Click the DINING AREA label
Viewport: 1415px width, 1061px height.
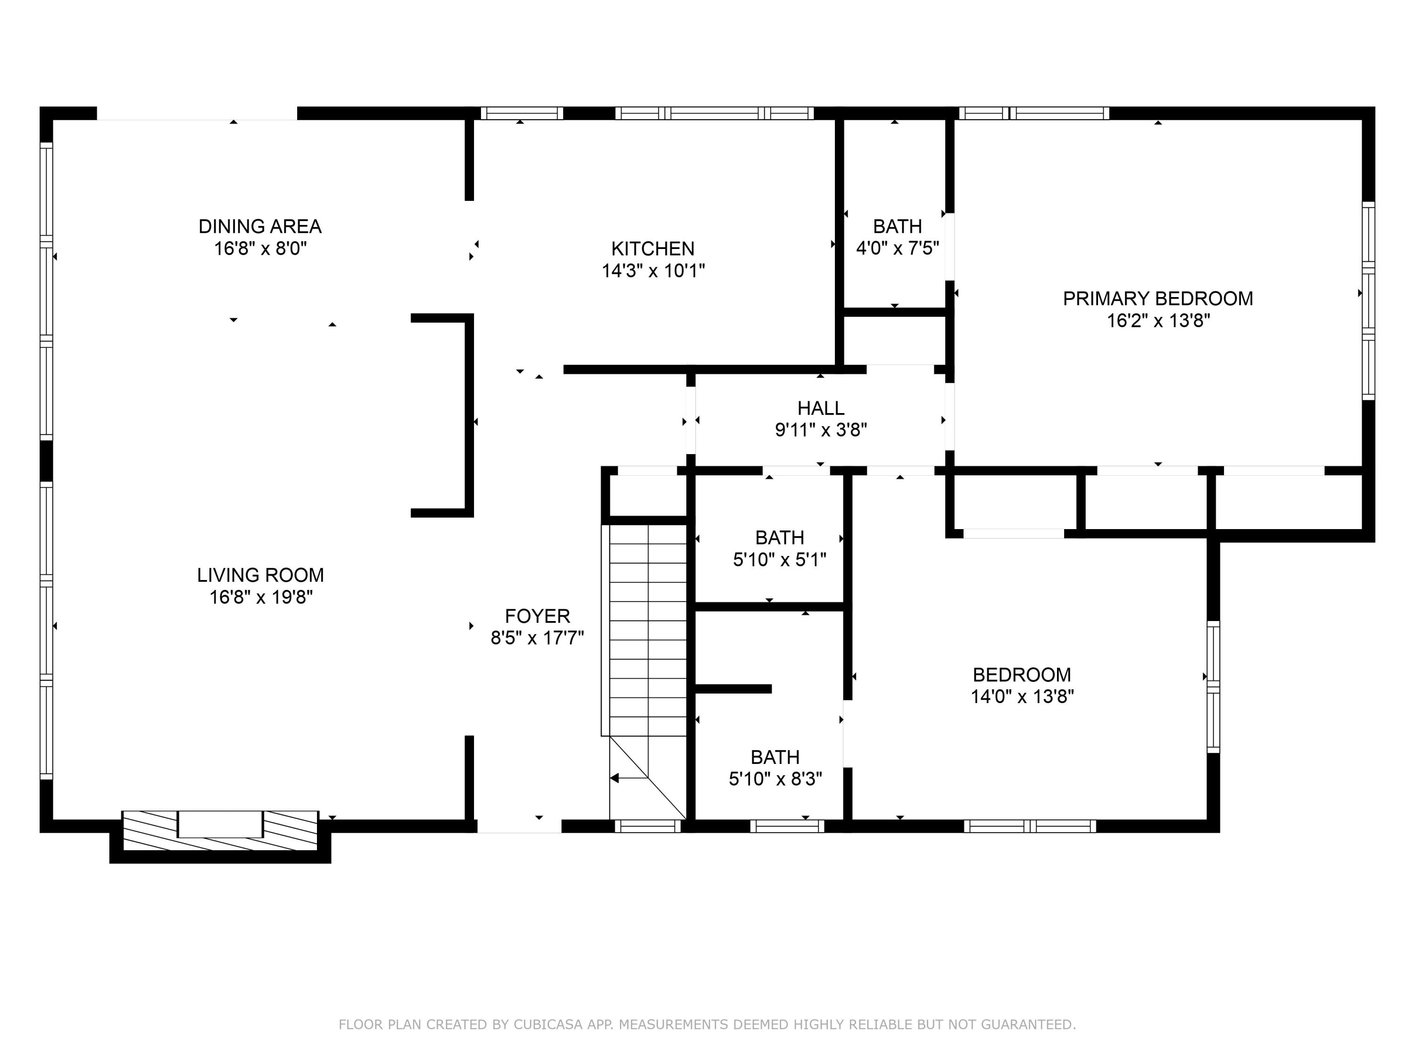coord(260,226)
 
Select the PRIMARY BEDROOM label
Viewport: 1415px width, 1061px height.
coord(1158,298)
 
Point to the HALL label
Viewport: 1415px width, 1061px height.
coord(821,408)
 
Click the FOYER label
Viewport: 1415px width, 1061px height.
coord(537,616)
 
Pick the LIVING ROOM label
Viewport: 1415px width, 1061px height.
coord(260,575)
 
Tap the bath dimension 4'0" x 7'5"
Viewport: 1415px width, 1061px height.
coord(898,248)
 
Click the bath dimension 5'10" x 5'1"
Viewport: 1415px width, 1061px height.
coord(779,560)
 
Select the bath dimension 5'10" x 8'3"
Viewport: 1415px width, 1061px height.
coord(775,779)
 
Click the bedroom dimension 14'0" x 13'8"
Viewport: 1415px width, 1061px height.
coord(1022,696)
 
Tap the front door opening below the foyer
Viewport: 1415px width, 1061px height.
coord(519,826)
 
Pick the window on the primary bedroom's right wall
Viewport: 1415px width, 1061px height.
coord(1368,300)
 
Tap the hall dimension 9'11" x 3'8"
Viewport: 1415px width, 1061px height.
coord(821,430)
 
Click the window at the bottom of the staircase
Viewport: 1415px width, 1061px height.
coord(648,826)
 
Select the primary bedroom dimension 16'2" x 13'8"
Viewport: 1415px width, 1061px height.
coord(1158,320)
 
